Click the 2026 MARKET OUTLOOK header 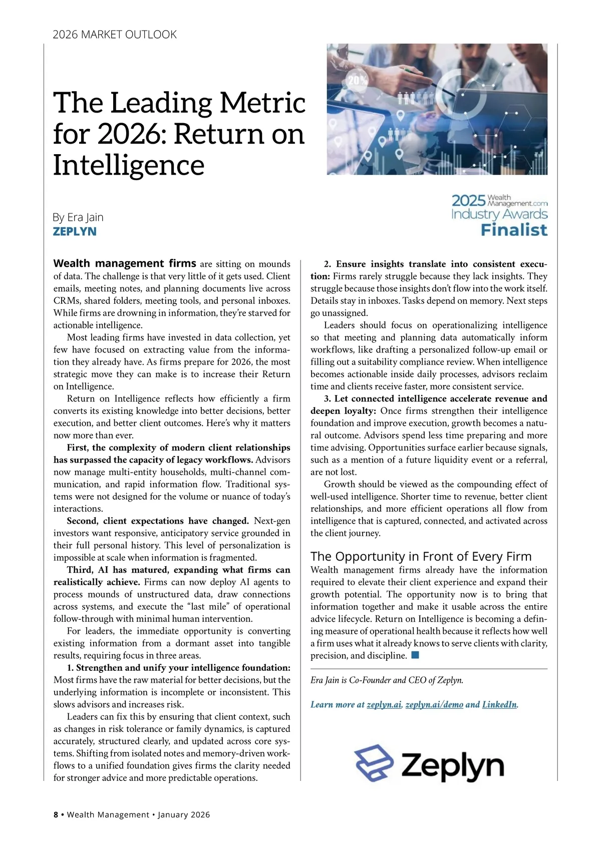(x=115, y=35)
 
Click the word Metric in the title (x=262, y=103)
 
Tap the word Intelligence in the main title (x=129, y=165)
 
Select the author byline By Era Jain (x=78, y=217)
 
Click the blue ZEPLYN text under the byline (x=75, y=232)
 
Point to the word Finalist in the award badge (x=514, y=230)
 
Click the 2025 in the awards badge (x=468, y=201)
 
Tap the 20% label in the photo (x=358, y=80)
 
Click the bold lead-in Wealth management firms (x=125, y=263)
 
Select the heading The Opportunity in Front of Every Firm (x=421, y=557)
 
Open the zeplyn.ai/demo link (x=434, y=705)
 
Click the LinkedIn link (x=499, y=705)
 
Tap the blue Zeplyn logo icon (x=374, y=763)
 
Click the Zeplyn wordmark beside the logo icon (x=452, y=765)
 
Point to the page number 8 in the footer (x=56, y=814)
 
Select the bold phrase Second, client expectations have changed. (x=158, y=521)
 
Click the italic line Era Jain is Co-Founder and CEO (x=387, y=680)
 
